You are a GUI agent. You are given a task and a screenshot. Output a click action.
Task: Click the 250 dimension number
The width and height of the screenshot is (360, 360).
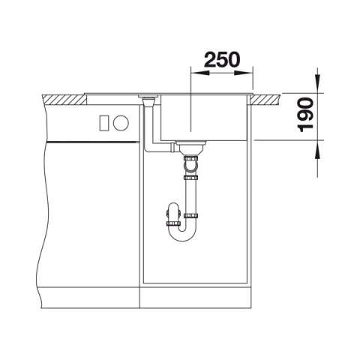222,59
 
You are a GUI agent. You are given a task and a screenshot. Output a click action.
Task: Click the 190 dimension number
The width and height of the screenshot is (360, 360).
305,115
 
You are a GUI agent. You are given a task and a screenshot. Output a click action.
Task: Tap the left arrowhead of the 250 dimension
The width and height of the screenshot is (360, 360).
200,73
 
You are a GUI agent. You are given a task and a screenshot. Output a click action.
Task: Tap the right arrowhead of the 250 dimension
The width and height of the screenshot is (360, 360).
244,73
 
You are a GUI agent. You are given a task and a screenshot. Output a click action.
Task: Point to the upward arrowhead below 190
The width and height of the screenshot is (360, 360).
317,149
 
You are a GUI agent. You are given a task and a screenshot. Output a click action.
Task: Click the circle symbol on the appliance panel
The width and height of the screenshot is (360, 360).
121,123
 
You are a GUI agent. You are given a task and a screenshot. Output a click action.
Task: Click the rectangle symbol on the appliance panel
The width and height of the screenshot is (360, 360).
104,123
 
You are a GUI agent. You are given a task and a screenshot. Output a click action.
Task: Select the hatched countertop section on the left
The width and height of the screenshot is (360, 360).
64,99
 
